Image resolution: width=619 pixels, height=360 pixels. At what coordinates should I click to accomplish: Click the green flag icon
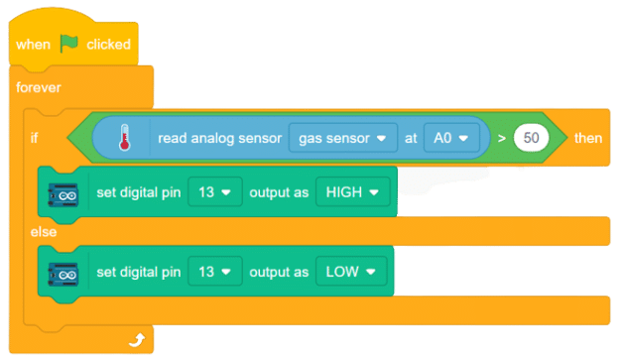point(69,44)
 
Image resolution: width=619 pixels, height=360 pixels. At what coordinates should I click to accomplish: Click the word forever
point(38,87)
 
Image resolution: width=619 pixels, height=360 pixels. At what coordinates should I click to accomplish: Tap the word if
point(36,138)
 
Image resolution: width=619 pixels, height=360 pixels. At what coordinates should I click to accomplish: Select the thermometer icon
point(123,137)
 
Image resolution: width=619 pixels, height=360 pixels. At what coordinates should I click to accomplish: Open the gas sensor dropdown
point(341,137)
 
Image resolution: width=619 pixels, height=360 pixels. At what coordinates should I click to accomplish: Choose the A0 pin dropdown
point(451,137)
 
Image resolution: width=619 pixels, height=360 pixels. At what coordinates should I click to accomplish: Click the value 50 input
point(532,138)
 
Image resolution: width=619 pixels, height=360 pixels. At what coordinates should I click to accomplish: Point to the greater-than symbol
point(503,138)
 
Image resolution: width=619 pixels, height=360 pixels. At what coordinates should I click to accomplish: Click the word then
point(587,138)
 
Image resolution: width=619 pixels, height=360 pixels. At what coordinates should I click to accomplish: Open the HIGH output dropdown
point(351,191)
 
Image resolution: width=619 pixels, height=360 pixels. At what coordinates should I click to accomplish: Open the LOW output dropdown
point(349,271)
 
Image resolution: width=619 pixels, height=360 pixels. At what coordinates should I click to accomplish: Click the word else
point(43,232)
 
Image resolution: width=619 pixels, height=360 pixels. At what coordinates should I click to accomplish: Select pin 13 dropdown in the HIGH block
point(215,191)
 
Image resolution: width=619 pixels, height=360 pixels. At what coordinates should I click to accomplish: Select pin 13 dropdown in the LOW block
point(215,271)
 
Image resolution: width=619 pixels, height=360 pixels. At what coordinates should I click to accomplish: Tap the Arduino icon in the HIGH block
point(65,192)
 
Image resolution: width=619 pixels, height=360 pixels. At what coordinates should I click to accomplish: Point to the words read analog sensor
point(217,137)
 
